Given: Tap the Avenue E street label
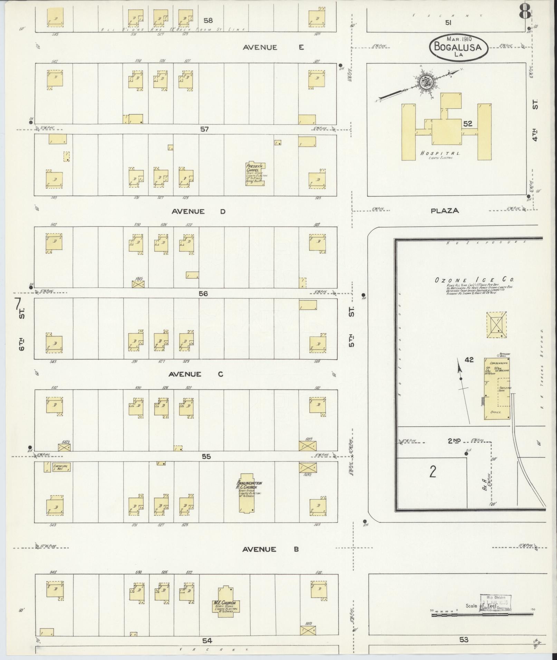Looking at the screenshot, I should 273,48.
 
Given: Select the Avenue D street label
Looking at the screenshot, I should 199,211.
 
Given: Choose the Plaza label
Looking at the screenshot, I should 444,210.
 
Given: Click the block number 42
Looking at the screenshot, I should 469,360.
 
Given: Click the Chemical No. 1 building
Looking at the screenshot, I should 61,467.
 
